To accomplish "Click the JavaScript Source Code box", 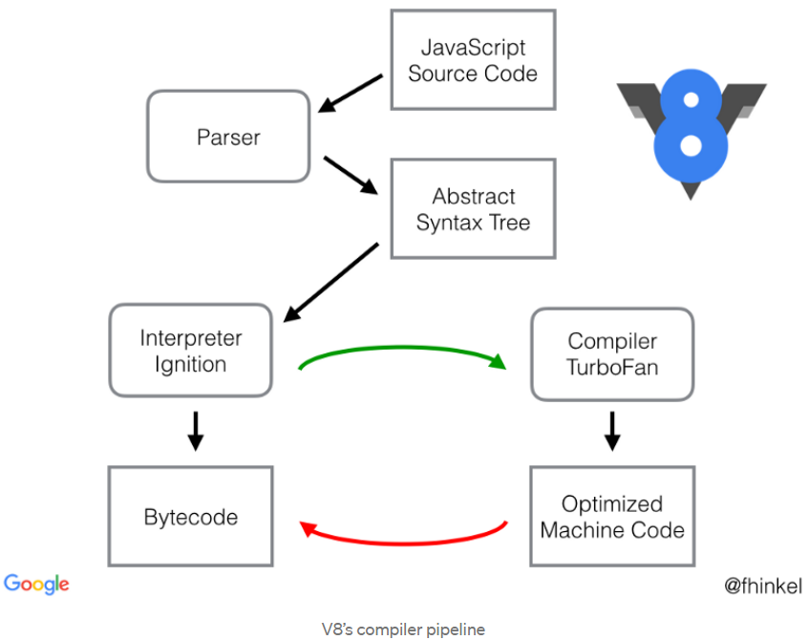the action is tap(473, 60).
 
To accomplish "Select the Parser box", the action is tap(228, 137).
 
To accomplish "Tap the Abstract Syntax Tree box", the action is tap(473, 208).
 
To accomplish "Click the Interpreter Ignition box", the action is tap(191, 351).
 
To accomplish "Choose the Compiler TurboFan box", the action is tap(612, 354).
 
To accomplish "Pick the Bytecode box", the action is tap(190, 516).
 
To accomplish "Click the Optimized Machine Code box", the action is tap(612, 516).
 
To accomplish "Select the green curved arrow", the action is tap(402, 349).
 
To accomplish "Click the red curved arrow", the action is tap(402, 543).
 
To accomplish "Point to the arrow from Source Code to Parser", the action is tap(351, 94).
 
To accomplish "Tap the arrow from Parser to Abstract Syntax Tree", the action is tap(351, 176).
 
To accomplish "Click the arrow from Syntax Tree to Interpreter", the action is tap(330, 283).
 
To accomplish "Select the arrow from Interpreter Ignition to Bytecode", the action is tap(196, 431).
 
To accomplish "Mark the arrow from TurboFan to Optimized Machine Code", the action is tap(612, 431).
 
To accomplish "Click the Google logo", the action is tap(36, 585).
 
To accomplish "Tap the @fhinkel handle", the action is tap(763, 586).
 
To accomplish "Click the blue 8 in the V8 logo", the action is tap(691, 126).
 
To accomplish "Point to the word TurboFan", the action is tap(612, 368).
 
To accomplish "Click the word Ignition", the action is tap(191, 365).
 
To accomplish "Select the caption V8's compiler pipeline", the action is tap(403, 629).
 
